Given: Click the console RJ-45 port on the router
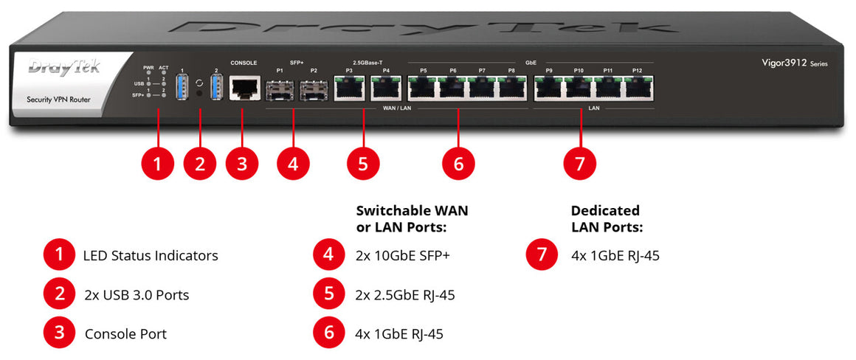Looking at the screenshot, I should [243, 89].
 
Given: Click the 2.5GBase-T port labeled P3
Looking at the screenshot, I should [349, 89].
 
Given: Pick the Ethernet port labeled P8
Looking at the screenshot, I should [511, 89].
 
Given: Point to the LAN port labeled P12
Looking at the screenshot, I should [637, 89].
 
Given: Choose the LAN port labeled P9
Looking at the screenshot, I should [549, 89].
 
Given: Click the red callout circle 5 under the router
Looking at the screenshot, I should [362, 164].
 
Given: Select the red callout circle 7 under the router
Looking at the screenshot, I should [579, 164].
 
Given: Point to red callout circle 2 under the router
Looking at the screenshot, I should [200, 164].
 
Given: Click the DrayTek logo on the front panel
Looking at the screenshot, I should [63, 69].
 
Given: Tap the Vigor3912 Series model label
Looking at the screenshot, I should [794, 63].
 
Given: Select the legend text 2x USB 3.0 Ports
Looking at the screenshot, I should [137, 295].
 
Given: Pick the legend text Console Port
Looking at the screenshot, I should [125, 333].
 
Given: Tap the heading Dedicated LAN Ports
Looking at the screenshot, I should [607, 218].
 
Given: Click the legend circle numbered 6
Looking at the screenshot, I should [328, 333].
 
